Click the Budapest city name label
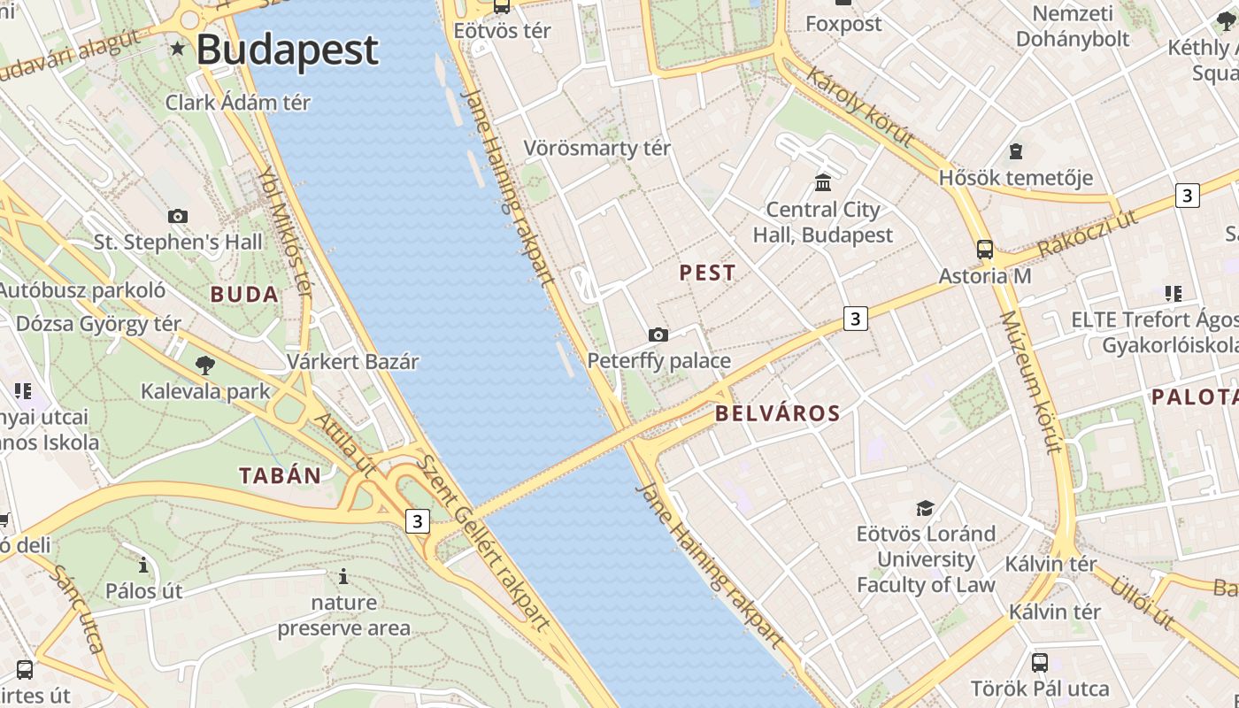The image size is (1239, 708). pyautogui.click(x=287, y=50)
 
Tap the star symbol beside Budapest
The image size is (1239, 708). pyautogui.click(x=178, y=48)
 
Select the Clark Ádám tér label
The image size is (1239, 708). pyautogui.click(x=238, y=103)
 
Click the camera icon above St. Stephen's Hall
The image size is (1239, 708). pyautogui.click(x=178, y=216)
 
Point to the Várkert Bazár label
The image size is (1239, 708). pyautogui.click(x=352, y=362)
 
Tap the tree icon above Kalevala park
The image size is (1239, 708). pyautogui.click(x=205, y=365)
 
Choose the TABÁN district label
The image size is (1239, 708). pyautogui.click(x=281, y=475)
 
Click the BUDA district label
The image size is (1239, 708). pyautogui.click(x=244, y=295)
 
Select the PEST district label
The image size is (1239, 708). pyautogui.click(x=707, y=273)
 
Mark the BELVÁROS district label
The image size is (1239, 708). pyautogui.click(x=777, y=413)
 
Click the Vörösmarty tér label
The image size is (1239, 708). pyautogui.click(x=596, y=148)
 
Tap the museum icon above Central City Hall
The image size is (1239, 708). pyautogui.click(x=823, y=183)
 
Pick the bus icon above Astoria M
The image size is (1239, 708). pyautogui.click(x=984, y=250)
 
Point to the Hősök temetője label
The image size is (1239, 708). pyautogui.click(x=1015, y=178)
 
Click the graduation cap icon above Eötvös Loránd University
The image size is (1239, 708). pyautogui.click(x=925, y=508)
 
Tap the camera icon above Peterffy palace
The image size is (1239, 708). pyautogui.click(x=658, y=335)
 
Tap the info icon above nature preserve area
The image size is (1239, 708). pyautogui.click(x=343, y=577)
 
